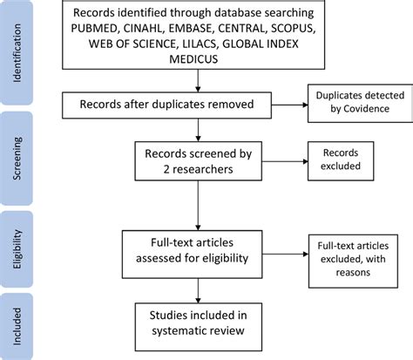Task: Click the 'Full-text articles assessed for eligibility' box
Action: [201, 248]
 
